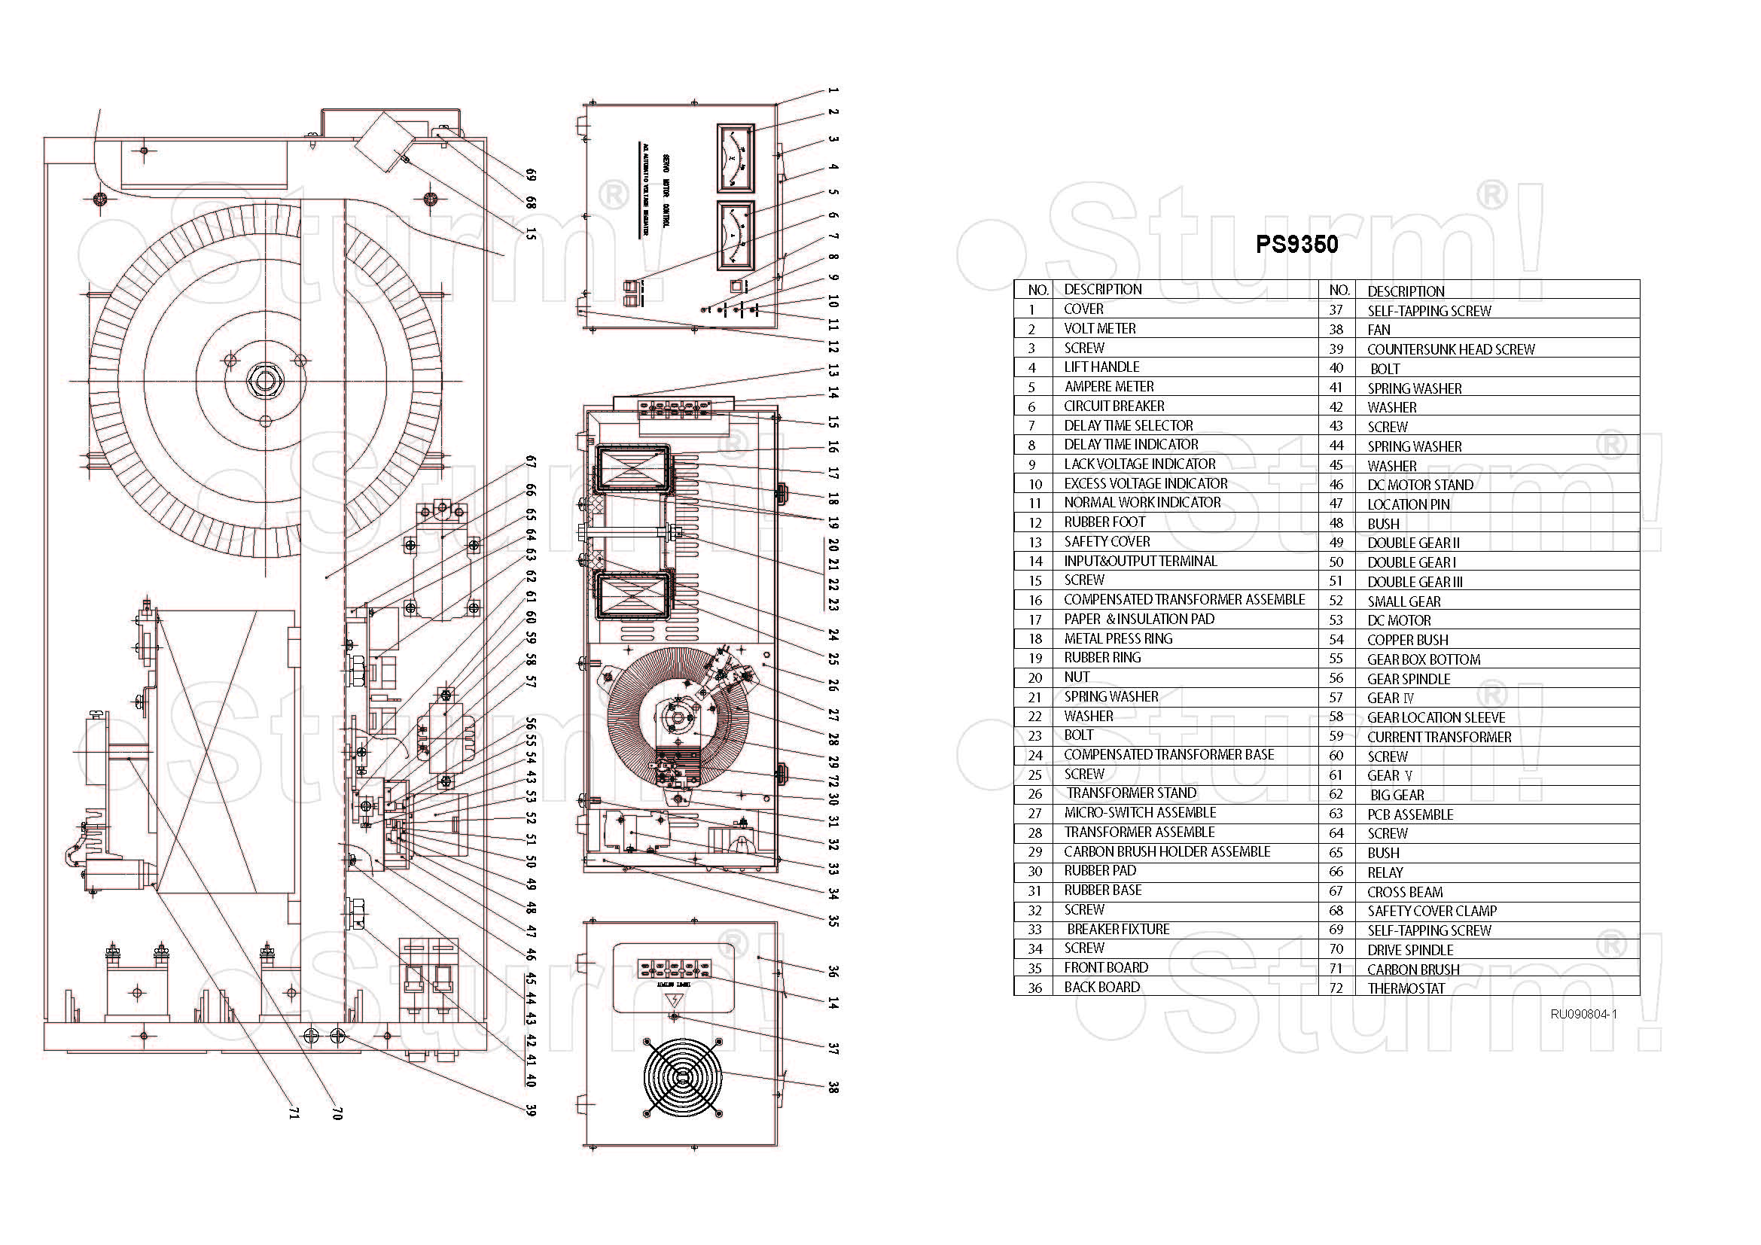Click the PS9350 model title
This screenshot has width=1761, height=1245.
[1296, 245]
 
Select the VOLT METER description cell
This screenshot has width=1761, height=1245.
[1100, 329]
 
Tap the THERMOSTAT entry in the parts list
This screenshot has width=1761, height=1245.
[1406, 989]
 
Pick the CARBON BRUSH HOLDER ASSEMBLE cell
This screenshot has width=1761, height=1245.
[1166, 852]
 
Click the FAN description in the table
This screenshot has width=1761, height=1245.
[1379, 330]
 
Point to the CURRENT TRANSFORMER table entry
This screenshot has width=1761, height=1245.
[1439, 738]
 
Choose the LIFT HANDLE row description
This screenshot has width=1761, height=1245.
[1101, 367]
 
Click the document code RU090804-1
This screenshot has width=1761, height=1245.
[1583, 1014]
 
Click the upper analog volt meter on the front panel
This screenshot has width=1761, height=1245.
[735, 158]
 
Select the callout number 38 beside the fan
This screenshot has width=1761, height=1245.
[833, 1087]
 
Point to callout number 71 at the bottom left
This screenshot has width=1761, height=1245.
[292, 1113]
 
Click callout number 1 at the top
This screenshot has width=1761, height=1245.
[833, 90]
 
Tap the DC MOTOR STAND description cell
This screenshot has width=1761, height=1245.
[1420, 486]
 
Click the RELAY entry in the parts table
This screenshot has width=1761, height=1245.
[1385, 872]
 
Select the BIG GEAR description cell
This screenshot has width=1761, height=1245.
[1397, 795]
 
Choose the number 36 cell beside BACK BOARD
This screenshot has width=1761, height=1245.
[1034, 988]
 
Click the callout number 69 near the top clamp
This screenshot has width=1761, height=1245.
[530, 175]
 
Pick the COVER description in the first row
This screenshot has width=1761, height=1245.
[1083, 309]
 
